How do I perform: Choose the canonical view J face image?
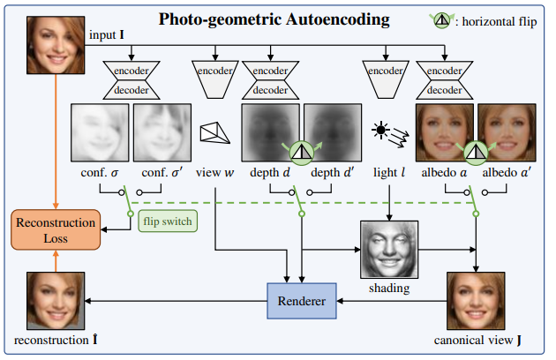(x=474, y=301)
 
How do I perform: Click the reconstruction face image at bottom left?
(x=55, y=302)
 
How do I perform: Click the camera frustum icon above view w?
(x=212, y=131)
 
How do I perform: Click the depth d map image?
(x=271, y=133)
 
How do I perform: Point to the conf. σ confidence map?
(x=99, y=133)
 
